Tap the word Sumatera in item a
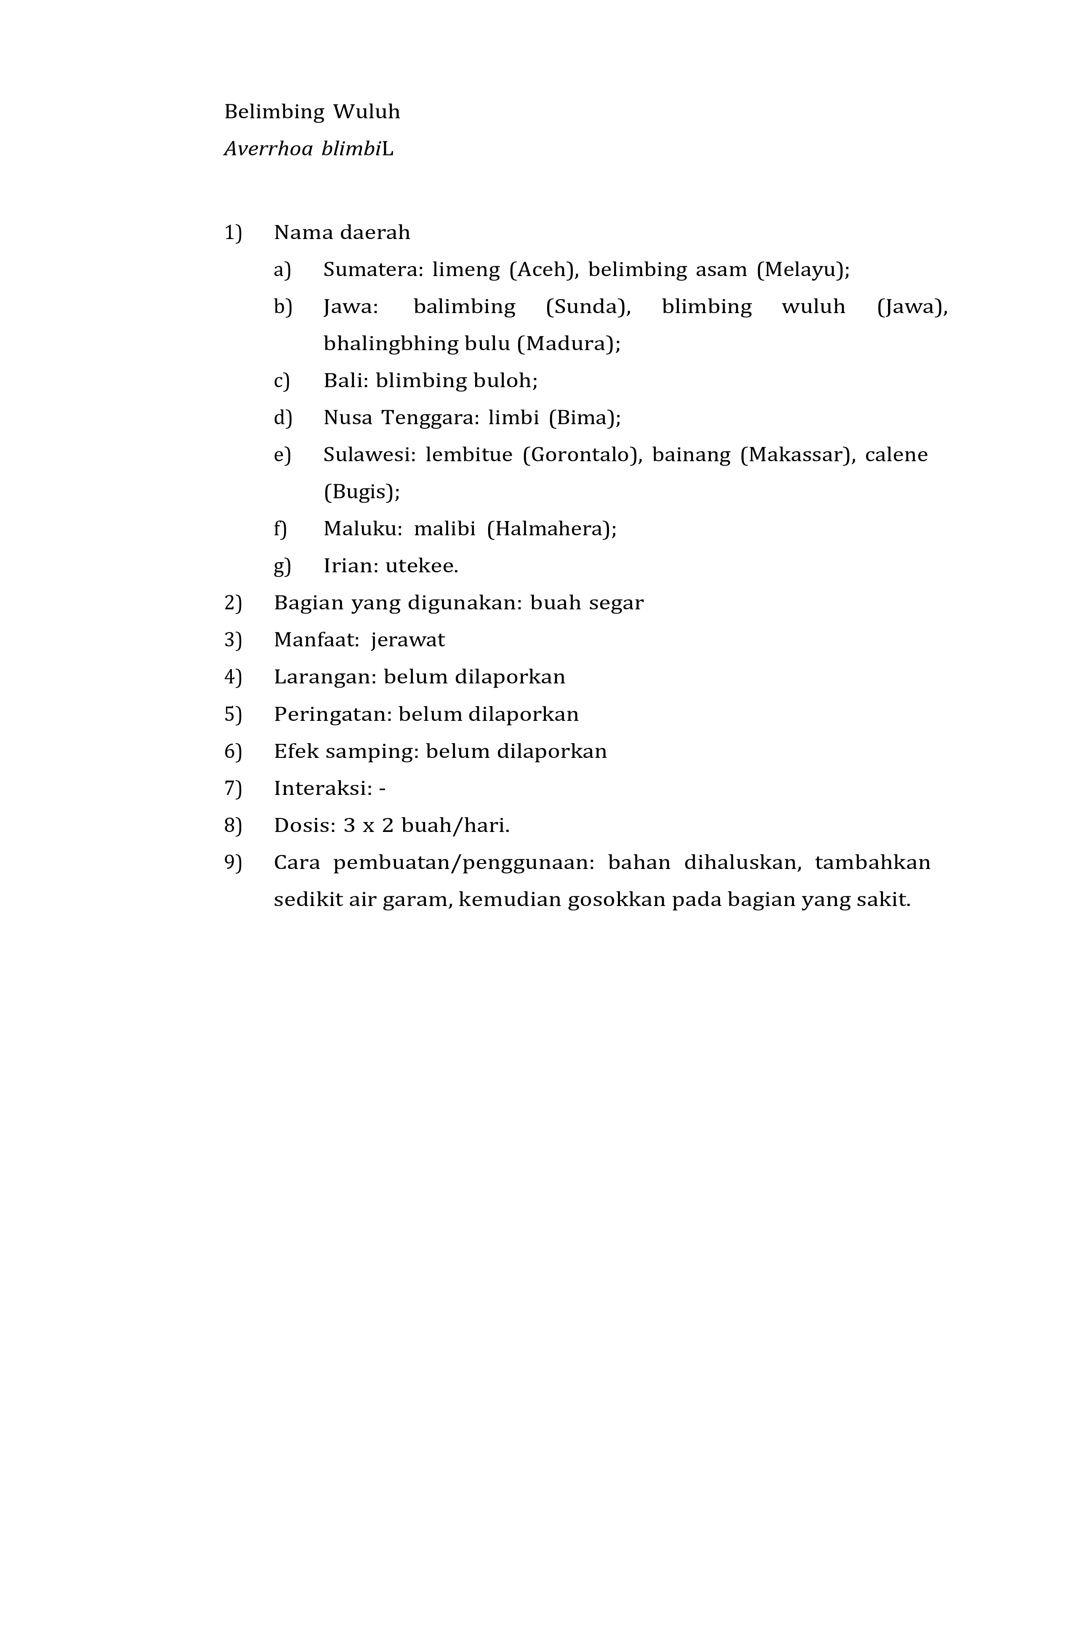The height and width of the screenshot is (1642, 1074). [372, 270]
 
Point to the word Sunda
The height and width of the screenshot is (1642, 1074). [588, 307]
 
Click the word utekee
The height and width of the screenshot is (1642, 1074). [421, 566]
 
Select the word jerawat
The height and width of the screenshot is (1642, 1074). [408, 640]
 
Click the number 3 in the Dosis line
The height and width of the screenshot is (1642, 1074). [349, 826]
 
